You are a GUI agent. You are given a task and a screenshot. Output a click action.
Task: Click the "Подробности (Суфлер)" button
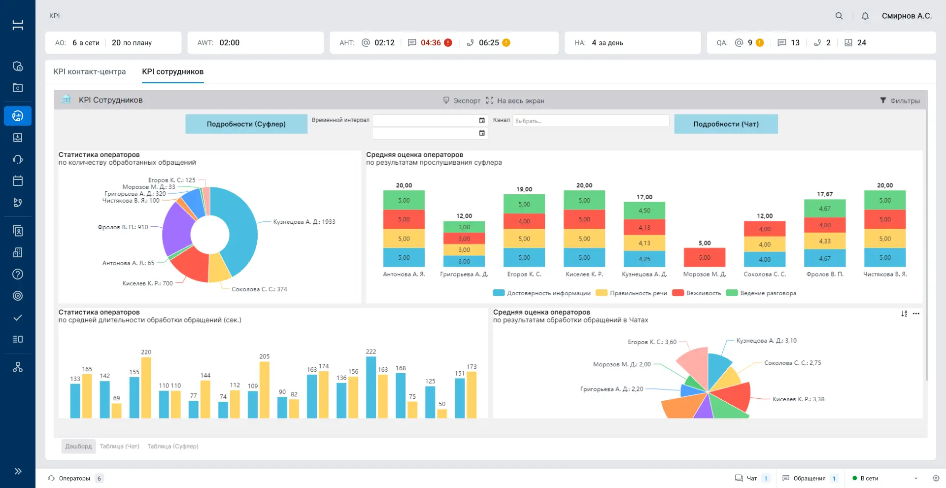coord(246,124)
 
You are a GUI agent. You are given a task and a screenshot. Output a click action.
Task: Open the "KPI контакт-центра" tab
coord(90,71)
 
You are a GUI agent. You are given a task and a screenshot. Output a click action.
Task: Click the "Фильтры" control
coord(900,101)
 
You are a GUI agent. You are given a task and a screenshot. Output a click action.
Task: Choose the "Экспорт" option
coord(462,101)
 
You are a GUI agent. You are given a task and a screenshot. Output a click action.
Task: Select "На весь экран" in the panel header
coord(515,101)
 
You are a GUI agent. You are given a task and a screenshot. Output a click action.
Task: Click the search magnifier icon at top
coord(839,16)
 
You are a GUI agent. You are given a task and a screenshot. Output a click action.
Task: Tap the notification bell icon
coord(865,16)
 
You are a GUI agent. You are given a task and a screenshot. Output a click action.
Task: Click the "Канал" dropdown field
coord(591,121)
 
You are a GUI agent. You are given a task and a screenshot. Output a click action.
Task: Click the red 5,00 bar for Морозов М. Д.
coord(705,257)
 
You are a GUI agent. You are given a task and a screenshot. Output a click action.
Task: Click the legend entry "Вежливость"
coord(697,293)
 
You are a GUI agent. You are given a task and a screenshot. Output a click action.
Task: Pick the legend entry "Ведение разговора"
coord(761,293)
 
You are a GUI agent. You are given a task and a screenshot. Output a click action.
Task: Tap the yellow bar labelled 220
coord(146,387)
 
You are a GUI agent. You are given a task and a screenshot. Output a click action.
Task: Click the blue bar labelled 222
coord(371,387)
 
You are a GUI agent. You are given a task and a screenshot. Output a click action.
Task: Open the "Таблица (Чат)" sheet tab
coord(120,446)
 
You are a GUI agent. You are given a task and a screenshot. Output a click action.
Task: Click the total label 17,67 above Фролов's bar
coord(825,194)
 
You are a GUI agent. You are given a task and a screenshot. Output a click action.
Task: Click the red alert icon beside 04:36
coord(448,43)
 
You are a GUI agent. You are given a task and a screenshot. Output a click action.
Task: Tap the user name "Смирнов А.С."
coord(907,16)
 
